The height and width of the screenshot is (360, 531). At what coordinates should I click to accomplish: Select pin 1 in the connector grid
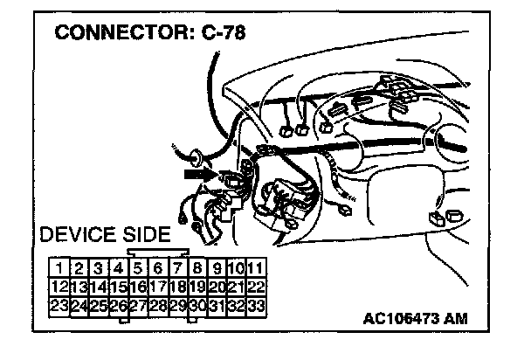pyautogui.click(x=59, y=267)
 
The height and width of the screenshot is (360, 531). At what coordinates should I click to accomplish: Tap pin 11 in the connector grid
pyautogui.click(x=256, y=267)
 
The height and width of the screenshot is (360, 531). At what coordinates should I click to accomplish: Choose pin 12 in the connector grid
pyautogui.click(x=59, y=287)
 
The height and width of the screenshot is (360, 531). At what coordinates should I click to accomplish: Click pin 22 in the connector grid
pyautogui.click(x=256, y=287)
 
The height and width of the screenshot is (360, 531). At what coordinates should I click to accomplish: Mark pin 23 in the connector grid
pyautogui.click(x=59, y=306)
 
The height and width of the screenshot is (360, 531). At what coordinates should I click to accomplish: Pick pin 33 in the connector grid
pyautogui.click(x=256, y=306)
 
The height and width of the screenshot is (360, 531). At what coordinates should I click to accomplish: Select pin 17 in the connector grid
pyautogui.click(x=157, y=287)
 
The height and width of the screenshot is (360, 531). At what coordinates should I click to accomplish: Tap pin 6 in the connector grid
pyautogui.click(x=157, y=267)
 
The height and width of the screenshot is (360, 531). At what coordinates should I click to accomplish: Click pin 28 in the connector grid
pyautogui.click(x=157, y=306)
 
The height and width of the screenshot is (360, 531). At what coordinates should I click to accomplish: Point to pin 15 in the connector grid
pyautogui.click(x=118, y=287)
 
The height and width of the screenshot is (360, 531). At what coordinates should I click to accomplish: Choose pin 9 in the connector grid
pyautogui.click(x=217, y=267)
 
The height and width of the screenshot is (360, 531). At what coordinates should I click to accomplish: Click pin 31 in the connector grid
pyautogui.click(x=217, y=306)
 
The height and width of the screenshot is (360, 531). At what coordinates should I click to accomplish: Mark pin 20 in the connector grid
pyautogui.click(x=217, y=287)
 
